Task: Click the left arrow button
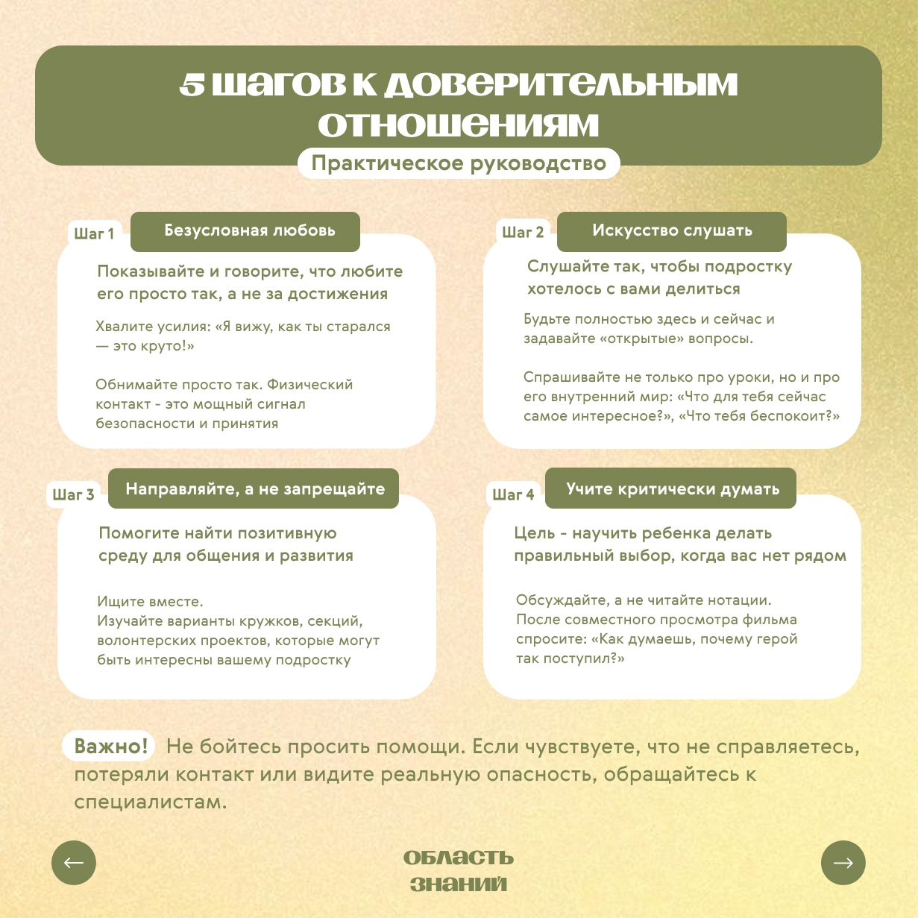coord(74,863)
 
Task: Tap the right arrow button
coord(843,863)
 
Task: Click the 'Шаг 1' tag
coord(94,234)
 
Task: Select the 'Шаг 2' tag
coord(522,233)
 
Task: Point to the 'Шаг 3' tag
coord(73,495)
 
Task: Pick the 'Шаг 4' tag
coord(513,495)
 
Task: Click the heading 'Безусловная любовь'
coord(249,231)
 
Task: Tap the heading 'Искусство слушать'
coord(672,231)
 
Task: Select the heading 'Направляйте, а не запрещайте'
coord(254,489)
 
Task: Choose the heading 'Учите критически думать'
coord(672,489)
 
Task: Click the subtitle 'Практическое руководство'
coord(459,164)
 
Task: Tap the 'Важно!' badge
coord(111,746)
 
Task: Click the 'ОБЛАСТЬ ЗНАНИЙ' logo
coord(459,870)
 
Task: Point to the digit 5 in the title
coord(192,86)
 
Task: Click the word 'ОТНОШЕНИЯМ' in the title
coord(459,125)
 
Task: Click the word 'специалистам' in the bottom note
coord(149,803)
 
